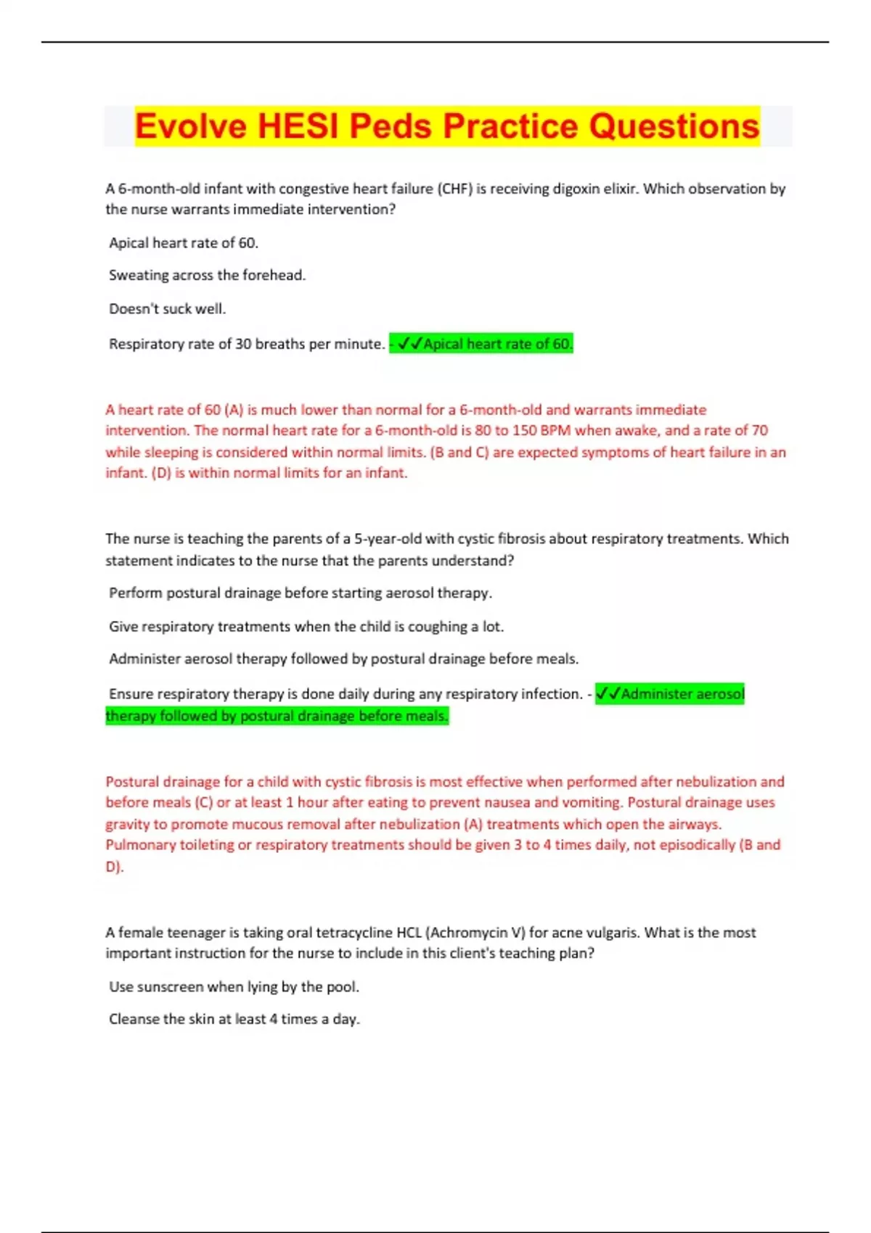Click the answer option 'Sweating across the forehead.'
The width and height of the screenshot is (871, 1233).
point(207,276)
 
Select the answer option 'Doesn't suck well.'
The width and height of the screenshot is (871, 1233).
point(167,309)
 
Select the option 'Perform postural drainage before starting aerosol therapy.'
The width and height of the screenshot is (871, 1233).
point(300,593)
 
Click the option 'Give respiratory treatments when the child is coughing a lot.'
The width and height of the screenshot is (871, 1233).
point(306,627)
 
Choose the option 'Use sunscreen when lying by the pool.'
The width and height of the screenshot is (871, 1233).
point(234,987)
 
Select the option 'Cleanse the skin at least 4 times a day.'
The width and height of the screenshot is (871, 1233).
point(234,1019)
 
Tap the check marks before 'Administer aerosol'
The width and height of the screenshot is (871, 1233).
point(608,694)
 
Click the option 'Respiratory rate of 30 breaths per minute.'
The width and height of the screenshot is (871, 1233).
point(246,344)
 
